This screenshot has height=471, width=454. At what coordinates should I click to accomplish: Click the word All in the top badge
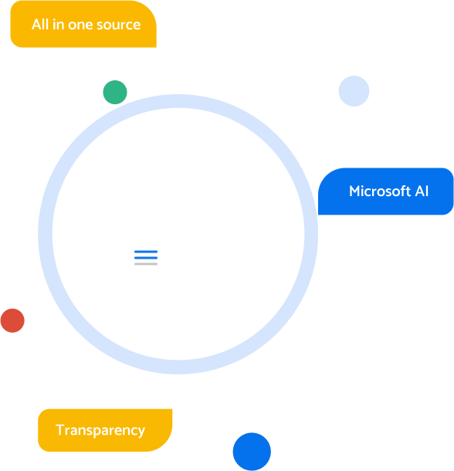click(x=40, y=25)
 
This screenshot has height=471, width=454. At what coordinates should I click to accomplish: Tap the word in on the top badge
click(x=58, y=25)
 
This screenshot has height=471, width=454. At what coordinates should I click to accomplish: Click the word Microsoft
click(x=380, y=191)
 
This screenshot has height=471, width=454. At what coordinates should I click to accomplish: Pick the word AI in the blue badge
click(x=422, y=191)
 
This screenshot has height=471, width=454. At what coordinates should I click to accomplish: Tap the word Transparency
click(x=100, y=431)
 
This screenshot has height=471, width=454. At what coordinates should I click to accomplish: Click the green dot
click(x=115, y=92)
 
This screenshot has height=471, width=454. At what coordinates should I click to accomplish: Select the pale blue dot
click(x=354, y=91)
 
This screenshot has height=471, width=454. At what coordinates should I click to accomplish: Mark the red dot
click(x=12, y=320)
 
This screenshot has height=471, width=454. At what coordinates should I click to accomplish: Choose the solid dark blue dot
click(x=252, y=452)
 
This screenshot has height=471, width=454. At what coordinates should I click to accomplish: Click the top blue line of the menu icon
click(x=146, y=252)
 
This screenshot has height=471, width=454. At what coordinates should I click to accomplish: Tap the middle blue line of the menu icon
click(x=146, y=258)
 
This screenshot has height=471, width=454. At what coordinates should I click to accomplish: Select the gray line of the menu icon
click(x=146, y=264)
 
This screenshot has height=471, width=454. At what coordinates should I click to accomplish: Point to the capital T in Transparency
click(x=60, y=429)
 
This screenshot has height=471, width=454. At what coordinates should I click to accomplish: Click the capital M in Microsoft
click(x=355, y=191)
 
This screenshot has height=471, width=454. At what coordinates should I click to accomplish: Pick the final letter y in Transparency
click(x=141, y=433)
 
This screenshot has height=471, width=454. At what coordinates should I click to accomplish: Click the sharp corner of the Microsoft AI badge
click(x=318, y=215)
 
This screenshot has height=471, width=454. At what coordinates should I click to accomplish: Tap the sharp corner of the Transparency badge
click(x=172, y=409)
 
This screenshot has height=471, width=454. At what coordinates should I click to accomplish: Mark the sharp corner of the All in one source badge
click(x=156, y=47)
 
